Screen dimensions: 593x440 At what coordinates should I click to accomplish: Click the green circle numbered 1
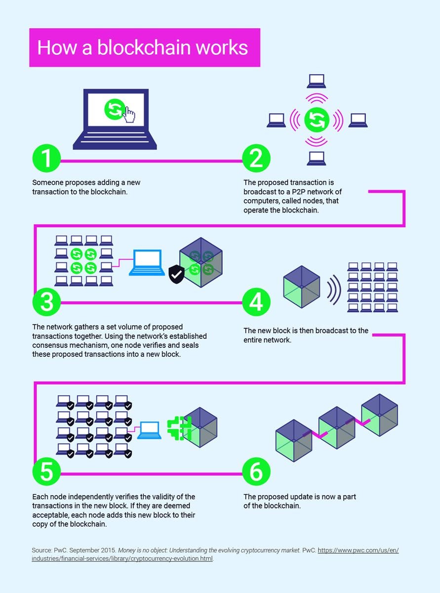click(x=46, y=159)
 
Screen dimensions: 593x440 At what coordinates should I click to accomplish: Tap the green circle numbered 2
click(x=256, y=159)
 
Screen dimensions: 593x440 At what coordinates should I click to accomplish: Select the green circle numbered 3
click(x=46, y=302)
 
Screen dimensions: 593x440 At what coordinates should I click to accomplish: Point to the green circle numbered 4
click(x=256, y=302)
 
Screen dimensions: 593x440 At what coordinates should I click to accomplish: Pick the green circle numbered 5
click(x=46, y=472)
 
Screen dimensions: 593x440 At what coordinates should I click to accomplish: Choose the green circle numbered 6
click(x=256, y=472)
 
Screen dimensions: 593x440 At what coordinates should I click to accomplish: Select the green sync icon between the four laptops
click(x=316, y=120)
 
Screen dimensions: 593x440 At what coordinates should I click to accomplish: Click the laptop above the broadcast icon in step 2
click(x=316, y=81)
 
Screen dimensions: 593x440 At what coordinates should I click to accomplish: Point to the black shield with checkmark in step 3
click(x=176, y=273)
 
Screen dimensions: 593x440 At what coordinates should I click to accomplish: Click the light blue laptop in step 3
click(x=147, y=262)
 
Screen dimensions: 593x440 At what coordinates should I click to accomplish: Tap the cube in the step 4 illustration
click(x=301, y=287)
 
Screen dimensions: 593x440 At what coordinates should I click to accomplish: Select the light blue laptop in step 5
click(x=149, y=430)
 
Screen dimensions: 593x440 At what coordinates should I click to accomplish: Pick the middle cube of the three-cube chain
click(x=337, y=427)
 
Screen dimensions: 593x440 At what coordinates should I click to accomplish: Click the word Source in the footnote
click(x=42, y=550)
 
